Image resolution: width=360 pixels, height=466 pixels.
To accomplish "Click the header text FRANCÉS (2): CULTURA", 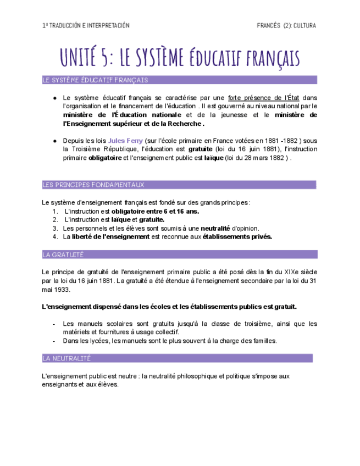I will [x=286, y=25].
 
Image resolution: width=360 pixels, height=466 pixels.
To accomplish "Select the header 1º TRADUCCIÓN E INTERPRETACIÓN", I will [x=86, y=25].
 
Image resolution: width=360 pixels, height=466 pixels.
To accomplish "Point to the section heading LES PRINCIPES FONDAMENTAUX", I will [x=93, y=185].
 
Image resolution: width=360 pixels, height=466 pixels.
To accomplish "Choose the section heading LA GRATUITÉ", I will [x=63, y=254].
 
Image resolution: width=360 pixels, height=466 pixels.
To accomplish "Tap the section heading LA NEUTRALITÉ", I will [x=67, y=358].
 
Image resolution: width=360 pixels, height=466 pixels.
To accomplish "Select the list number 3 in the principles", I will [x=55, y=228].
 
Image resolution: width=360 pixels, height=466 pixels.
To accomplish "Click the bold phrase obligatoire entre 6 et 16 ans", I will [x=156, y=211].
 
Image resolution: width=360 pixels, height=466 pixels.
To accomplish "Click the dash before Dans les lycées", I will [x=54, y=341].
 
